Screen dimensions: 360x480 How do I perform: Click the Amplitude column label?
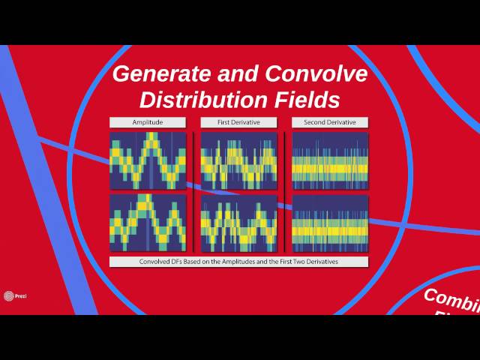(147, 122)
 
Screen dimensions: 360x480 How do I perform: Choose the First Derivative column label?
(238, 122)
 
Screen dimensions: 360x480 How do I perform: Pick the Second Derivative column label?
(330, 122)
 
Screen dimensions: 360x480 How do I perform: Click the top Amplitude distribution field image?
(148, 160)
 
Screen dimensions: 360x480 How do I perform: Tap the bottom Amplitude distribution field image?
(148, 223)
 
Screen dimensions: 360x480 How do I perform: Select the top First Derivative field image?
(238, 160)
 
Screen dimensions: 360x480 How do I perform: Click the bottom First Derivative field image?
(238, 223)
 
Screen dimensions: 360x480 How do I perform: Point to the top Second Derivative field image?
(330, 160)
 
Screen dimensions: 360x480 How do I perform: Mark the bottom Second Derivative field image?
(330, 223)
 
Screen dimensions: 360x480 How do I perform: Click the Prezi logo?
(10, 295)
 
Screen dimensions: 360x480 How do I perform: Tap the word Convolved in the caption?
(154, 262)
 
